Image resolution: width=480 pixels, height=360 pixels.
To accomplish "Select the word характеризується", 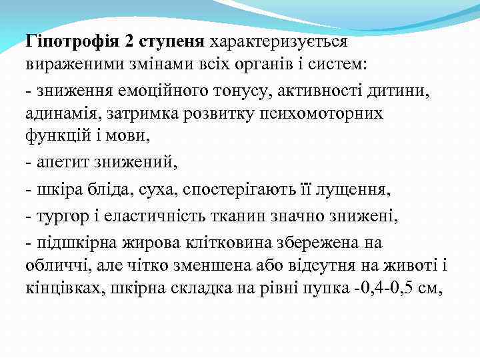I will coord(279,42).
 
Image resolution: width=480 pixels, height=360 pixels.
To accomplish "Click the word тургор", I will coord(56,216).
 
